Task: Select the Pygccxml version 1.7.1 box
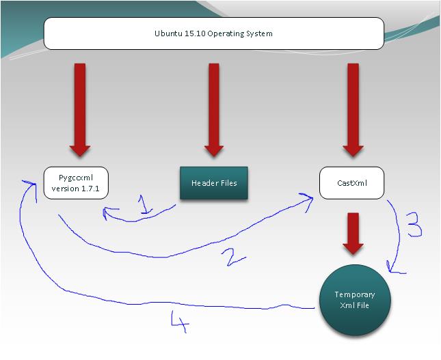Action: [75, 182]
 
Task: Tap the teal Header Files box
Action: [213, 183]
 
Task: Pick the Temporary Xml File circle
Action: [355, 300]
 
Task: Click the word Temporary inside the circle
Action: [355, 294]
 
